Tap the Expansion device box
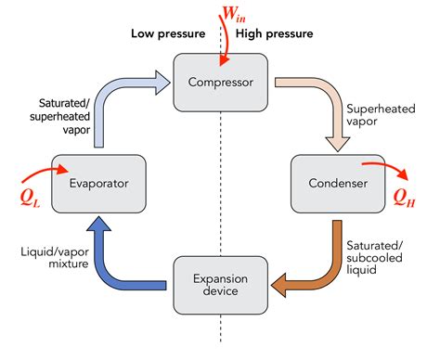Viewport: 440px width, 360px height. [x=219, y=284]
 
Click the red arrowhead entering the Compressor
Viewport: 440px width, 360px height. [x=220, y=62]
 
